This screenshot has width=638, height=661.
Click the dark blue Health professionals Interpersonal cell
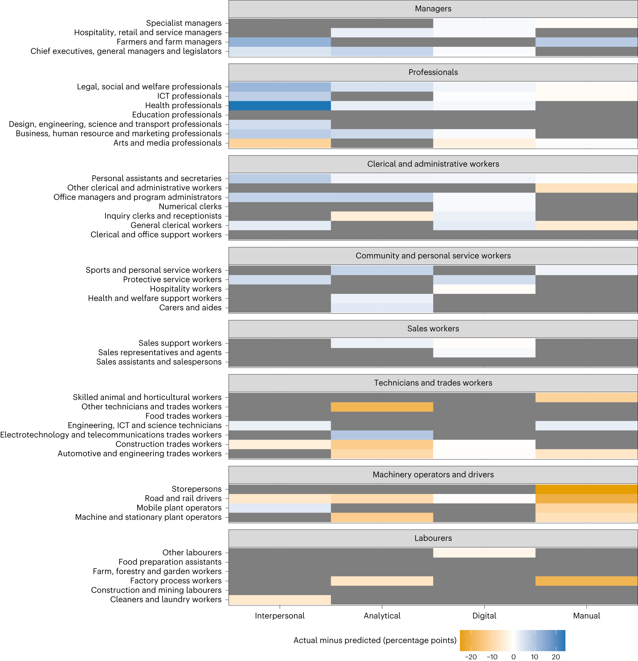280,106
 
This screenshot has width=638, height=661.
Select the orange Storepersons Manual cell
586,489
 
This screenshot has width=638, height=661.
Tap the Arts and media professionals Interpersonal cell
280,143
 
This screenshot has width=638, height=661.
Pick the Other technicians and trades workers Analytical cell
382,407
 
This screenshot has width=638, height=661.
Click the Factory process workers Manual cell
586,581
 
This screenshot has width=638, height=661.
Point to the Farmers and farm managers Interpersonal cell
280,42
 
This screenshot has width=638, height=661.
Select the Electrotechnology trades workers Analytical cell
382,435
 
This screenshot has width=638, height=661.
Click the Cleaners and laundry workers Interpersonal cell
280,599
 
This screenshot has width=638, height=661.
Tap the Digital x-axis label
484,616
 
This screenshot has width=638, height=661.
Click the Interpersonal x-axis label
280,616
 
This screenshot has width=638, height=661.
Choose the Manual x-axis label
586,616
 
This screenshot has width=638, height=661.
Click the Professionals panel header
433,72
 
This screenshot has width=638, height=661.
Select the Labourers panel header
433,538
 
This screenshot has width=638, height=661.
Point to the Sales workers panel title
433,328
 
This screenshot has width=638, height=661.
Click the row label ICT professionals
189,96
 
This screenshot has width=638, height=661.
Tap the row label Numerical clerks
190,206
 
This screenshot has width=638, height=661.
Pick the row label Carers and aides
190,308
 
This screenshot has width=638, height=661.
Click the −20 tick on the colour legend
471,657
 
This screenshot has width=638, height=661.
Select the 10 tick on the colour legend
534,657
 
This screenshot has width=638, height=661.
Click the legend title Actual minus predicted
375,640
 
